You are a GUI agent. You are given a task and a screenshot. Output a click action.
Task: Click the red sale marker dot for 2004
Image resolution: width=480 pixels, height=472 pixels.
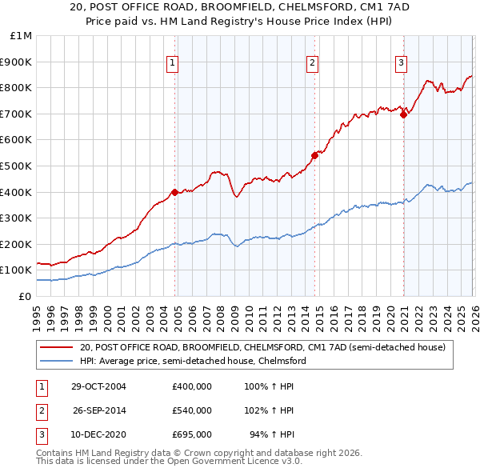174,192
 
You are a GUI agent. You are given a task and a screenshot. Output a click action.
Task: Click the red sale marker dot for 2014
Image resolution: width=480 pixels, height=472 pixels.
314,155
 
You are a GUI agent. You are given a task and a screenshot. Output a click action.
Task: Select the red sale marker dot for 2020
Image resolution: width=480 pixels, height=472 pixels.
403,114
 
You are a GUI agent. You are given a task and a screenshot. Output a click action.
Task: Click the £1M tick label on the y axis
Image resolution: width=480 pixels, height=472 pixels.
21,36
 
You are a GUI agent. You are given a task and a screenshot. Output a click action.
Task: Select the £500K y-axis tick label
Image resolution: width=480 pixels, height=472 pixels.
18,166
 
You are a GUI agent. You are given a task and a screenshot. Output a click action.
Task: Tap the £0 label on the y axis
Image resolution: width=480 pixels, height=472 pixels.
24,297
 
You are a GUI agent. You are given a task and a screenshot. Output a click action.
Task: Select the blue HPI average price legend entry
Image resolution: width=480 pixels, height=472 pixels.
192,361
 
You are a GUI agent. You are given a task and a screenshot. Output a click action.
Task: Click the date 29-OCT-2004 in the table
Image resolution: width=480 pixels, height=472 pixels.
99,386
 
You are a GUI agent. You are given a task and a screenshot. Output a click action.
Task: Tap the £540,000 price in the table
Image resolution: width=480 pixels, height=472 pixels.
191,410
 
